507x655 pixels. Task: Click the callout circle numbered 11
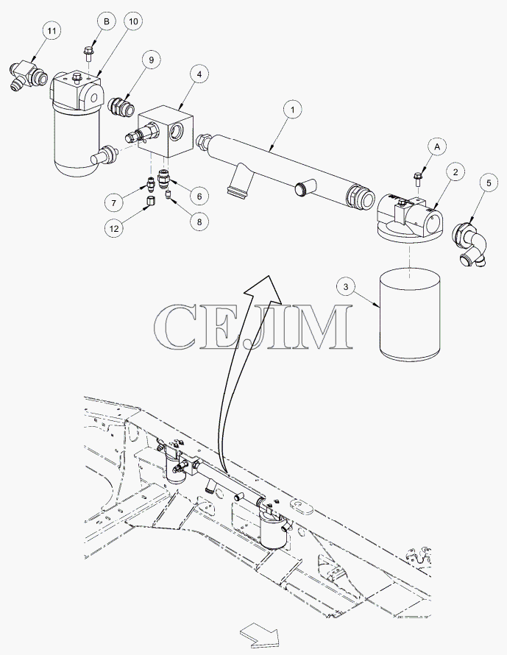[x=52, y=31]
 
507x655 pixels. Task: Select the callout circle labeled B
[x=107, y=21]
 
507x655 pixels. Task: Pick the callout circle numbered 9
[x=151, y=60]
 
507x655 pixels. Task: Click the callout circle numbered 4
[x=199, y=74]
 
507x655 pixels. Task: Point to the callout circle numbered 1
[x=292, y=110]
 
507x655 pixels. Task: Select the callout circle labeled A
[x=437, y=146]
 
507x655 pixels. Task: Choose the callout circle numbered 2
[x=455, y=171]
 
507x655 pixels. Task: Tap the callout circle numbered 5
[x=489, y=183]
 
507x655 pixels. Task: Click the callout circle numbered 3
[x=346, y=286]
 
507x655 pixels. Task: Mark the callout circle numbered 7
[x=114, y=203]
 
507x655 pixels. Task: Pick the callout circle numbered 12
[x=114, y=228]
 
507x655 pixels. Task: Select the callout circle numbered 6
[x=199, y=196]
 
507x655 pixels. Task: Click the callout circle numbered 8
[x=199, y=222]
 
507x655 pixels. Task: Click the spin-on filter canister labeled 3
[x=410, y=314]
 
